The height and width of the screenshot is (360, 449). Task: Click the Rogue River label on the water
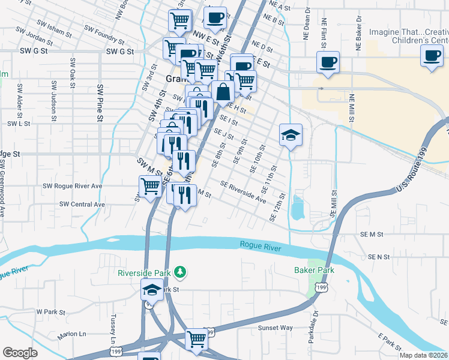[x=261, y=245]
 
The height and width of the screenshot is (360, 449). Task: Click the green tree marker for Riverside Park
[x=179, y=272]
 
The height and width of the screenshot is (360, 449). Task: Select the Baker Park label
[x=314, y=270]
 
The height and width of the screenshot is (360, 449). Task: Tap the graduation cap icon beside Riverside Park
[x=152, y=290]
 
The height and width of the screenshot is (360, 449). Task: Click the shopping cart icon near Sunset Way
[x=196, y=339]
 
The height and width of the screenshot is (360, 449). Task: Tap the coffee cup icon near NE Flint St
[x=328, y=62]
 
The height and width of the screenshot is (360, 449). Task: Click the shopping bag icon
[x=223, y=92]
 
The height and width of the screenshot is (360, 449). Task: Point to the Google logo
[x=20, y=353]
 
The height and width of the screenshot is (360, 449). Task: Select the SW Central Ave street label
[x=82, y=205]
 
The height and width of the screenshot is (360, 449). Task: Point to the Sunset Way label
[x=275, y=328]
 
